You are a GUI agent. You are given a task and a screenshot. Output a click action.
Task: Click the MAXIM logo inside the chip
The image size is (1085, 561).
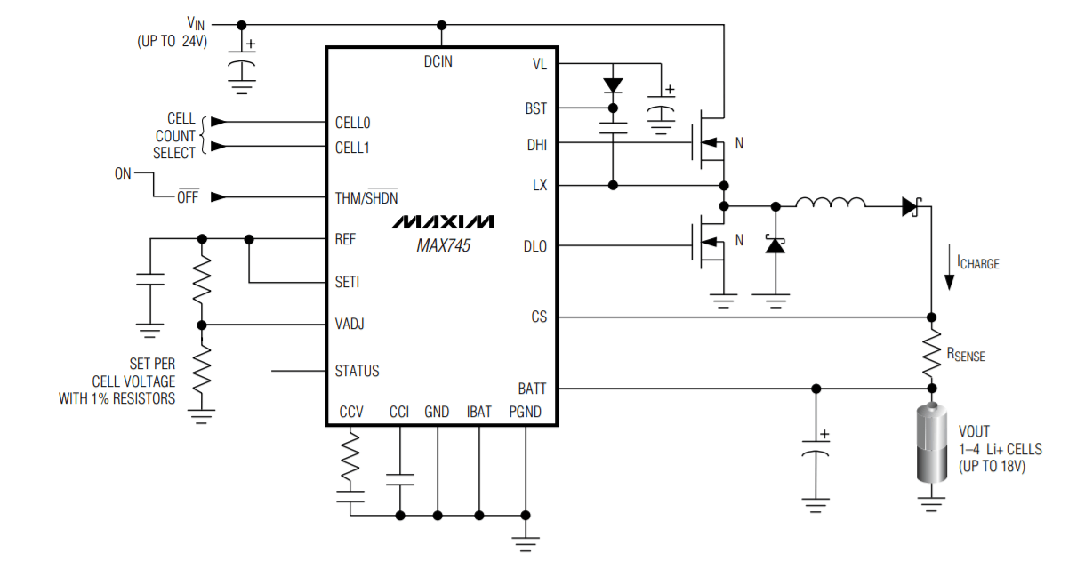coord(442,220)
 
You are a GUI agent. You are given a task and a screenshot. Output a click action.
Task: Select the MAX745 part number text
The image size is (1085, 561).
coord(443,246)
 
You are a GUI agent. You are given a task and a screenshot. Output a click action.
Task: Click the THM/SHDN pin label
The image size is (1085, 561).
coord(366,197)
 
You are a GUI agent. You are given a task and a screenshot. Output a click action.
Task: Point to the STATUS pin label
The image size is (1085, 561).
coord(357,371)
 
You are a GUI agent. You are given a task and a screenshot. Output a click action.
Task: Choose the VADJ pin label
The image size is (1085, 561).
coord(350,325)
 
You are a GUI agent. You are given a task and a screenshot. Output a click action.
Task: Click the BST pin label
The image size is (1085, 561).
coord(536,108)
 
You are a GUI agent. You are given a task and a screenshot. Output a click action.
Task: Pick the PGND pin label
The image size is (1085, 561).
coord(525,412)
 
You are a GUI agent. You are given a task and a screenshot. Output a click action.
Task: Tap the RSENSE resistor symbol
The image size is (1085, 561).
coord(931,353)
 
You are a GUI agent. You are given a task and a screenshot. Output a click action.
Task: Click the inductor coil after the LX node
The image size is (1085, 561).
coord(830,204)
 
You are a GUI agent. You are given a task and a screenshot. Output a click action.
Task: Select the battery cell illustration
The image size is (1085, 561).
coord(931,444)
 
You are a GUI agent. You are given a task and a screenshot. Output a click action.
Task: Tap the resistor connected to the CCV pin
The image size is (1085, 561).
coord(350,455)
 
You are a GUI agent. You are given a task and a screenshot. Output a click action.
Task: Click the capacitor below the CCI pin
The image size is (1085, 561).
coord(399,479)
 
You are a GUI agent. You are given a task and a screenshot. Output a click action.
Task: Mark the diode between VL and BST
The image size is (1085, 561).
coord(612,85)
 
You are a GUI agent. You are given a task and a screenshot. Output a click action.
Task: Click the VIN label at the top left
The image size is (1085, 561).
coord(195,23)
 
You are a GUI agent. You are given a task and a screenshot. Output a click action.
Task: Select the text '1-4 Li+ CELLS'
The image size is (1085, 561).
coord(1000,449)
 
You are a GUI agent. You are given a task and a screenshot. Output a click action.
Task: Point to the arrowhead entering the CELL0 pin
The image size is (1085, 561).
coord(218,121)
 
